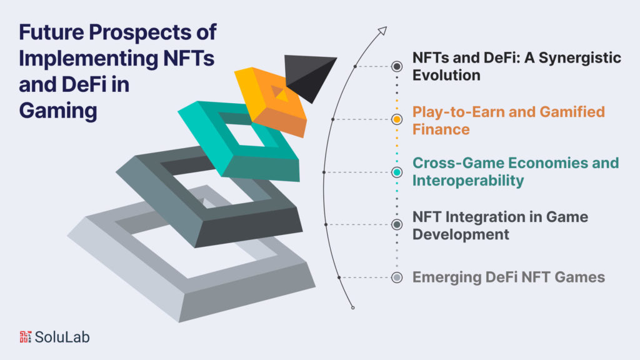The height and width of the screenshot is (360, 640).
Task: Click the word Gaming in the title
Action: pos(58,110)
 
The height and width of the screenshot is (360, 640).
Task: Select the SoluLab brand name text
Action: pos(63,336)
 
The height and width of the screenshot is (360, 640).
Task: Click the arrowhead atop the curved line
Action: pos(382,31)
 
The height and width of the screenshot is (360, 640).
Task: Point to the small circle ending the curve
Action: pos(353,307)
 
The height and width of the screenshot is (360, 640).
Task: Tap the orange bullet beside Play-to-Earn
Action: pos(396,119)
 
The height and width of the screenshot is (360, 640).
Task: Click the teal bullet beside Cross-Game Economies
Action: pos(396,172)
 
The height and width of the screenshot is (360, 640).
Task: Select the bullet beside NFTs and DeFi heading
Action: pos(396,66)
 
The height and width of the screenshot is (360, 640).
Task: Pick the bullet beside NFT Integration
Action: pos(396,224)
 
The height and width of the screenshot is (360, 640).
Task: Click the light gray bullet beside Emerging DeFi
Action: pos(396,277)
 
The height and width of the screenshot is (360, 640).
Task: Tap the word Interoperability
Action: pos(468,181)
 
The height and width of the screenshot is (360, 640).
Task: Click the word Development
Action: pos(461,234)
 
